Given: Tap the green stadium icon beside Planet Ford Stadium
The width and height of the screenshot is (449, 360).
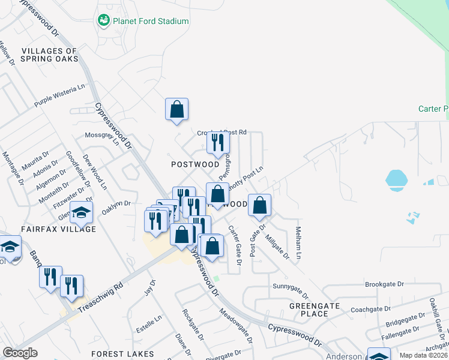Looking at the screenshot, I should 103,21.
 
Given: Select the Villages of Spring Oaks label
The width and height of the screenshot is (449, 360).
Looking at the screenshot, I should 49,55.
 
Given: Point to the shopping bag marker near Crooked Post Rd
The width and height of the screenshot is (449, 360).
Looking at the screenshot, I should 176,110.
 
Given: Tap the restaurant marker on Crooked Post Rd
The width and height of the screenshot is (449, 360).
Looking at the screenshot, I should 218,142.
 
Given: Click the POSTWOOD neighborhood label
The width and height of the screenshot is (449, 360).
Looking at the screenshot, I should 195,164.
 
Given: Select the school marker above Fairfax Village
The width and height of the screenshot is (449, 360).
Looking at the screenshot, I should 81,212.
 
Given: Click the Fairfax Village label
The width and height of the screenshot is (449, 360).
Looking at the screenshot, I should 58,229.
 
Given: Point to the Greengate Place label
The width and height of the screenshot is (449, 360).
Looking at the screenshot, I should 315,310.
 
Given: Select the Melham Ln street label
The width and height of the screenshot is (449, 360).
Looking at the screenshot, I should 298,242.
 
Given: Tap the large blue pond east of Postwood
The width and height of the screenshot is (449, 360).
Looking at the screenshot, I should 396,178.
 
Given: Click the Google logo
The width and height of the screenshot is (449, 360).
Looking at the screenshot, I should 20,353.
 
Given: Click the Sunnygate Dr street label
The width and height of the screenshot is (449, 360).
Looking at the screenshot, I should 290,290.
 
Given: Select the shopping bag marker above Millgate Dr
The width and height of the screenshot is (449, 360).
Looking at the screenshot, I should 259,205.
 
